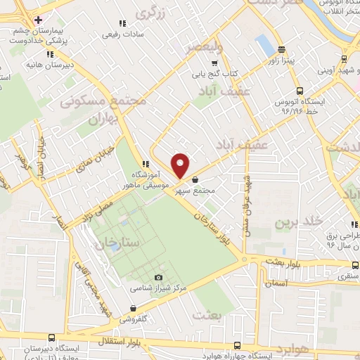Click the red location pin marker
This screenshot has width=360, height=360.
point(181,166)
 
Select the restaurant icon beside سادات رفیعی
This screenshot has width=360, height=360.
point(123,23)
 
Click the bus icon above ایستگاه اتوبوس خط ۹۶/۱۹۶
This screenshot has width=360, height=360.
point(300,91)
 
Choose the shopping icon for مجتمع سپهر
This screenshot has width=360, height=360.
point(195,180)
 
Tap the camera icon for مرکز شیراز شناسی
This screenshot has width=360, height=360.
point(157,277)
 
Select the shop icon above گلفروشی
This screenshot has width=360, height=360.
point(132,307)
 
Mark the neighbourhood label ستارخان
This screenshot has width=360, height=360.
point(117,242)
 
